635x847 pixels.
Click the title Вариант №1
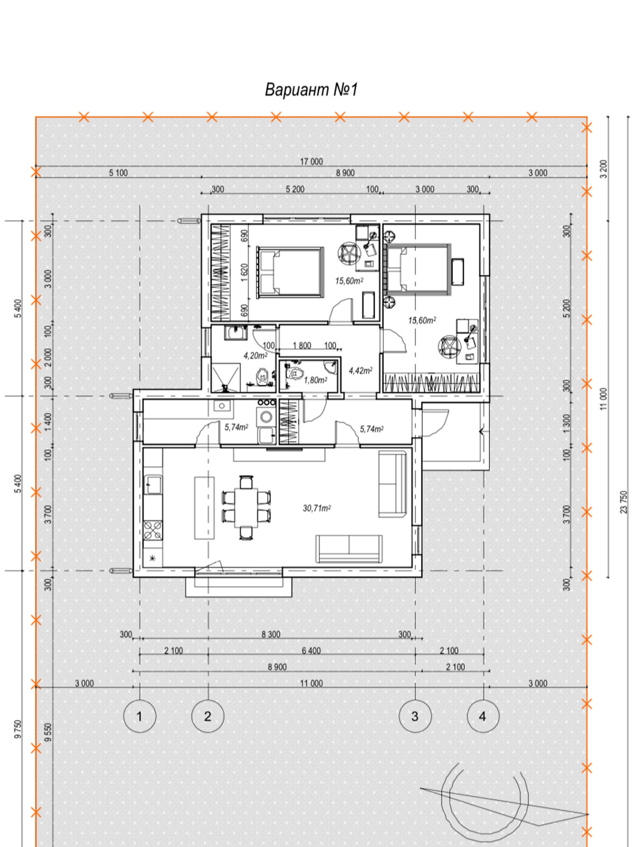(x=311, y=89)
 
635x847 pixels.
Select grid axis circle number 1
(x=140, y=716)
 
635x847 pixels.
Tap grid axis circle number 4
(x=483, y=716)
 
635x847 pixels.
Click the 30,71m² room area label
(x=316, y=508)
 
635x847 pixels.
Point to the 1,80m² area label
(x=315, y=380)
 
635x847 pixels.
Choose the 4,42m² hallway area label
(x=360, y=371)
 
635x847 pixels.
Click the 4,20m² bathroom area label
(x=255, y=355)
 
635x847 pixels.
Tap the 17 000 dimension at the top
(x=311, y=161)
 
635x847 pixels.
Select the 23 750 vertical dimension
(x=624, y=502)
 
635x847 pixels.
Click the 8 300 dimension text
(x=270, y=634)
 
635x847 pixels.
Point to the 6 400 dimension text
(x=311, y=651)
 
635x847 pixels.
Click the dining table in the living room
(x=247, y=508)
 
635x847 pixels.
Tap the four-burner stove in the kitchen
(x=153, y=530)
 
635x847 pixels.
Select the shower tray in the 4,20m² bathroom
(x=225, y=377)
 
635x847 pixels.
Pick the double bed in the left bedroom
(x=290, y=273)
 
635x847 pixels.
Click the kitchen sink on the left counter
(x=153, y=485)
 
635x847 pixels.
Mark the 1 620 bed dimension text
(x=244, y=273)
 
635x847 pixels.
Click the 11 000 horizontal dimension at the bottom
(x=311, y=684)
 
